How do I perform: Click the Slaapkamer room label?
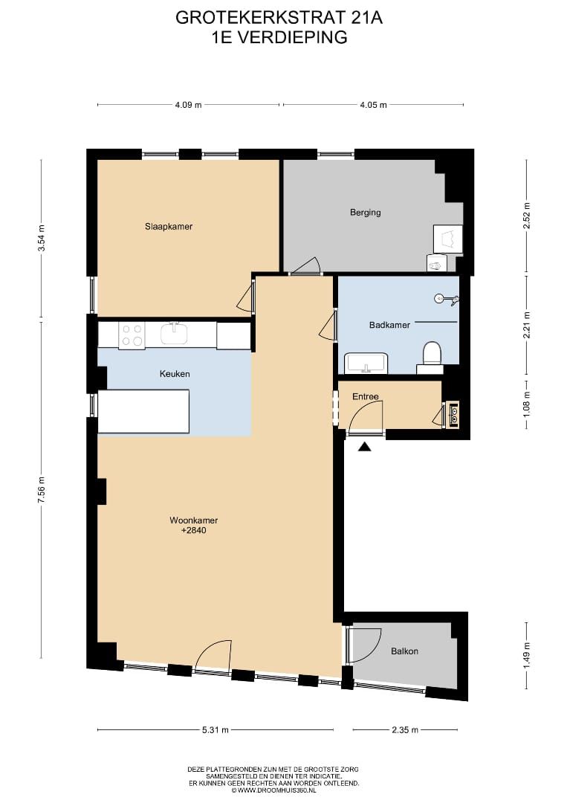coord(169,226)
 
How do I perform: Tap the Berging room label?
coord(366,212)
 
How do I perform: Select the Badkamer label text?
coord(389,325)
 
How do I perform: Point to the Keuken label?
coord(175,374)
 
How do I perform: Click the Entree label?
coord(366,396)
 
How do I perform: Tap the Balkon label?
coord(404,651)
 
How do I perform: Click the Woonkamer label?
coord(194,520)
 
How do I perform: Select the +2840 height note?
coord(194,530)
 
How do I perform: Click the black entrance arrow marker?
coord(364,447)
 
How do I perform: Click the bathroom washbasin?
coord(366,363)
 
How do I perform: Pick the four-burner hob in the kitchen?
coord(132,335)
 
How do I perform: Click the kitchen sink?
coord(177,333)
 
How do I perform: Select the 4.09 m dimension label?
coord(188,105)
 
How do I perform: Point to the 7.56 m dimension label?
coord(42,490)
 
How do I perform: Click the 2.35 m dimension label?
coord(405,730)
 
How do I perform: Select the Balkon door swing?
coord(364,645)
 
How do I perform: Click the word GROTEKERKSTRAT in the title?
coord(261,18)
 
